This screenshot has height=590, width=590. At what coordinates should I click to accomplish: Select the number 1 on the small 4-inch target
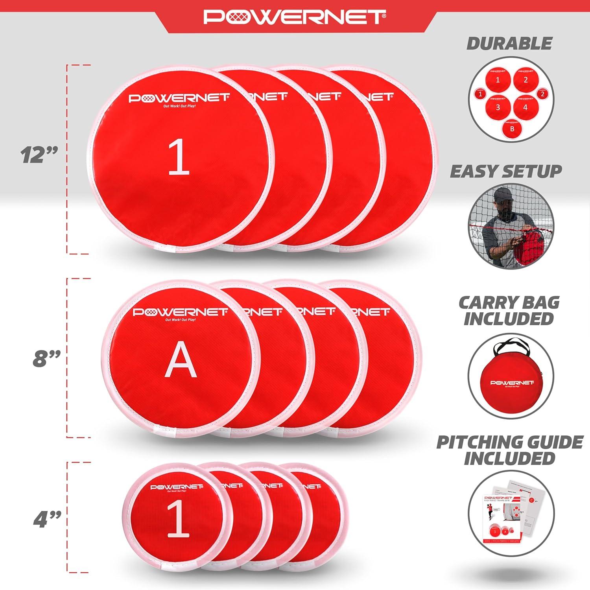pyautogui.click(x=178, y=520)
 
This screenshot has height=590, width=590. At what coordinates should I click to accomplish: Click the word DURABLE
pyautogui.click(x=509, y=44)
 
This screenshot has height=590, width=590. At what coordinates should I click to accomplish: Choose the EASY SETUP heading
pyautogui.click(x=506, y=171)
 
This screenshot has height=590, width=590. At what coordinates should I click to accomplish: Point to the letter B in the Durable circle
pyautogui.click(x=512, y=128)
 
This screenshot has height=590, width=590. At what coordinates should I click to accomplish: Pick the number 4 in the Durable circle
pyautogui.click(x=525, y=107)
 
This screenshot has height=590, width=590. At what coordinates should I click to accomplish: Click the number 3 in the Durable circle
pyautogui.click(x=498, y=107)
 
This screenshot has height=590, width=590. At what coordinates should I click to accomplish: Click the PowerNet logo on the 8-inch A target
pyautogui.click(x=180, y=312)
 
